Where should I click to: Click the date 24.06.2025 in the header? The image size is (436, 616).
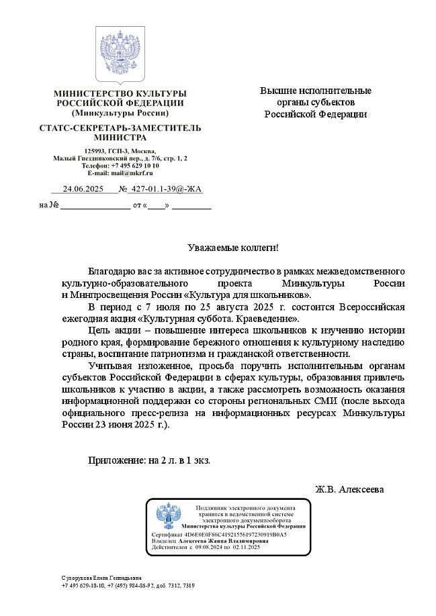(83, 190)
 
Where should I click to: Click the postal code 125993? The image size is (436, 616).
(95, 150)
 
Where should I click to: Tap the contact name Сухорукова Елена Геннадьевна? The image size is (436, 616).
(101, 578)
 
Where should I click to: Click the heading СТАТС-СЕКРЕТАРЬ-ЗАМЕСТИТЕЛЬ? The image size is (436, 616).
(120, 127)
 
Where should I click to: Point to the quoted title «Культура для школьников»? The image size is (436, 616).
(253, 295)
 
